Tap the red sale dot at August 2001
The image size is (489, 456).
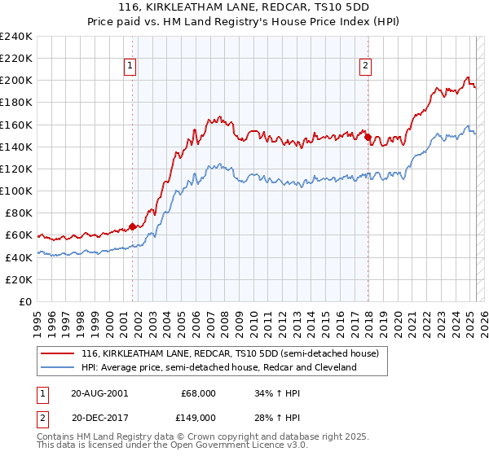click(132, 226)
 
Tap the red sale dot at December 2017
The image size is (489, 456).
click(368, 137)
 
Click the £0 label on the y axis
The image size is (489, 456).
click(24, 301)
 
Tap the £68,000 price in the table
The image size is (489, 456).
click(198, 392)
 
